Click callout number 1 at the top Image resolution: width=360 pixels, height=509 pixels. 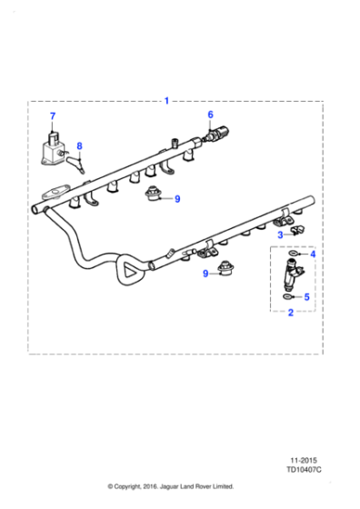pos(166,101)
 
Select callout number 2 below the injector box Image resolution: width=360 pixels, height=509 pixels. pos(290,313)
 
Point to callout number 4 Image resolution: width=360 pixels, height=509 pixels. pos(312,254)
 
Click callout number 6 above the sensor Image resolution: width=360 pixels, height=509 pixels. pos(210,115)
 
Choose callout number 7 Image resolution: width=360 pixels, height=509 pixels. pos(52,115)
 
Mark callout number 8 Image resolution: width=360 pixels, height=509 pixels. pos(79,145)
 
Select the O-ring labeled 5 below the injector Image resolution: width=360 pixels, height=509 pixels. pos(288,295)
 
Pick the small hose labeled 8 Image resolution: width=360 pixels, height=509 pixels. pos(80,162)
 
